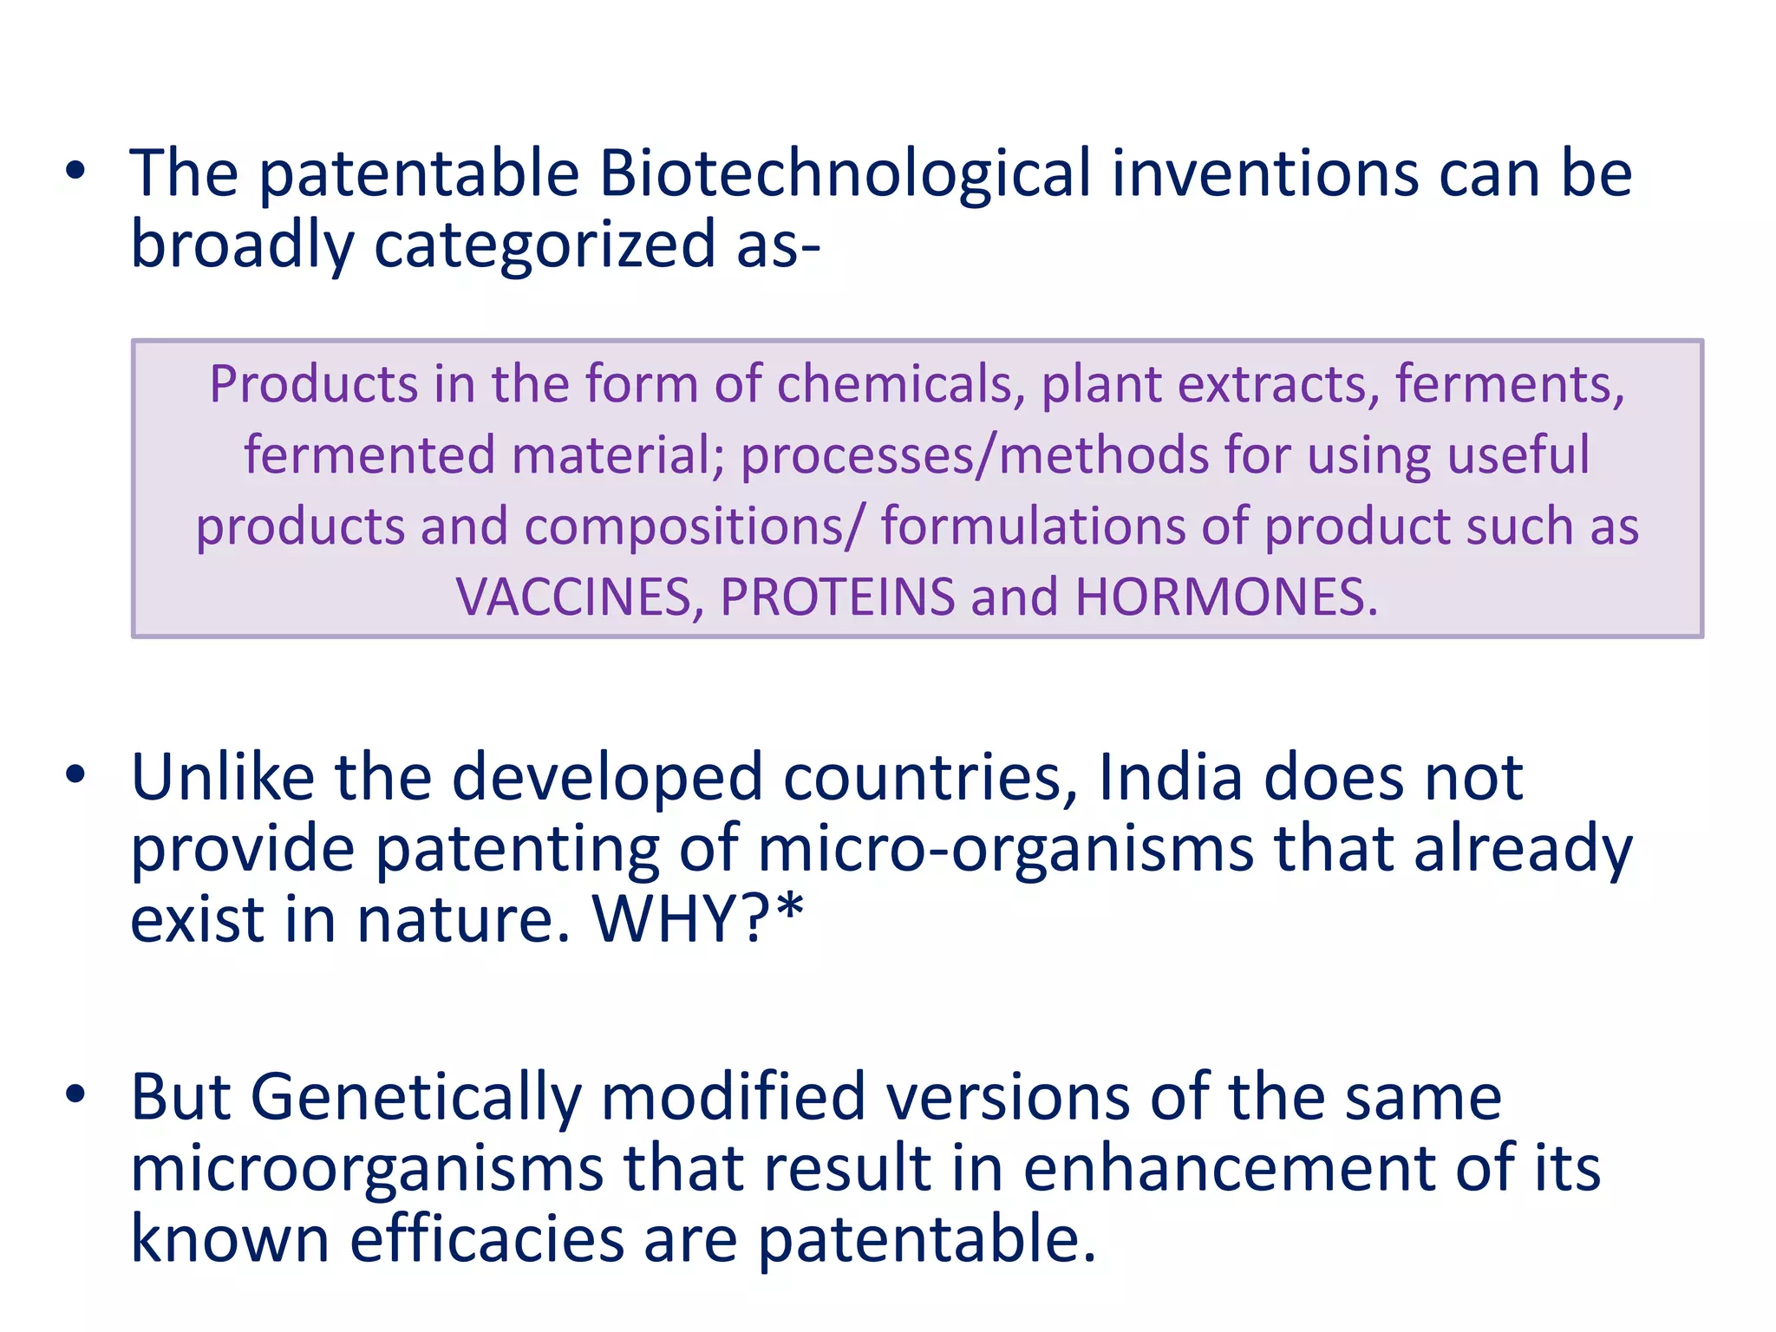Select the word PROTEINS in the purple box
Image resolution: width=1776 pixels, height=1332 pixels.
click(838, 597)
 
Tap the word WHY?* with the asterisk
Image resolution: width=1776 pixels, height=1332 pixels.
click(698, 919)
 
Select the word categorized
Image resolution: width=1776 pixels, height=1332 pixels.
click(544, 246)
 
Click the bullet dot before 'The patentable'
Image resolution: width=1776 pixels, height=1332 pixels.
click(75, 171)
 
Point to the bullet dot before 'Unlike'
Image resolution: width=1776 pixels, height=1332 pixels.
click(75, 774)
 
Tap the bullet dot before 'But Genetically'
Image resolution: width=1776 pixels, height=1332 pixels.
click(75, 1094)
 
